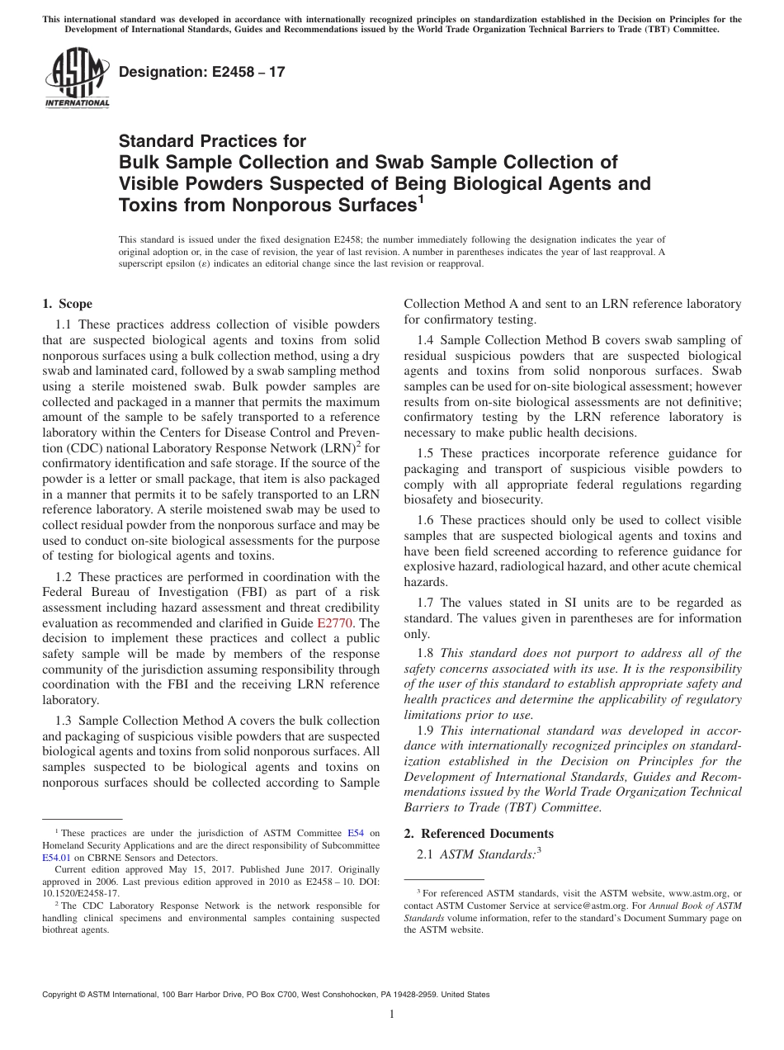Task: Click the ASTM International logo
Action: click(76, 78)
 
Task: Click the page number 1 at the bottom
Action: click(392, 1015)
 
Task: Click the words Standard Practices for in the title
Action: click(212, 142)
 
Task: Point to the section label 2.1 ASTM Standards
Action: click(479, 854)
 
